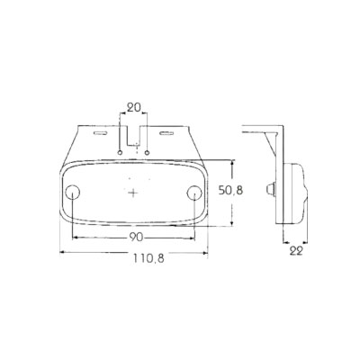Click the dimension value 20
click(x=135, y=108)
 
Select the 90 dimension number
click(x=133, y=237)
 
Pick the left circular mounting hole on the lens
click(x=74, y=191)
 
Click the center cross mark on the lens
click(x=134, y=192)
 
